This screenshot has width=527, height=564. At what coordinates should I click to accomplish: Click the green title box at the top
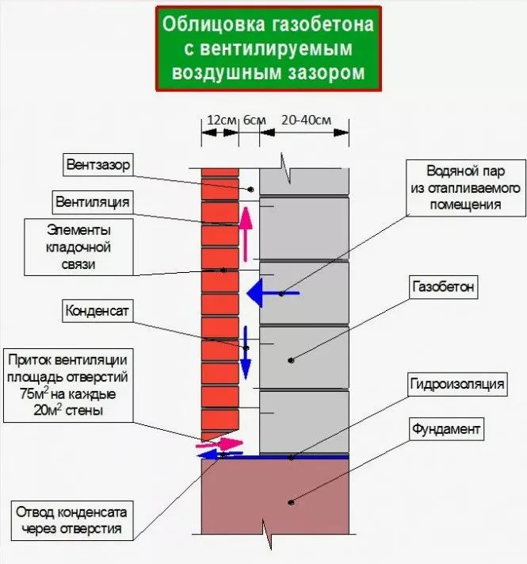tap(269, 49)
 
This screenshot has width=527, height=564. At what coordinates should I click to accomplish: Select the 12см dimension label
tap(221, 120)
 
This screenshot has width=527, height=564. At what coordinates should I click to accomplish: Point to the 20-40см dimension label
tap(305, 120)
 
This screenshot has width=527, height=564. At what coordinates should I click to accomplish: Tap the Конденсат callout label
tap(97, 310)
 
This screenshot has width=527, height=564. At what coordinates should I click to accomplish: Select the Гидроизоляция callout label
tap(456, 385)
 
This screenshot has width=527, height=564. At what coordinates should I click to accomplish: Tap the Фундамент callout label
tap(445, 430)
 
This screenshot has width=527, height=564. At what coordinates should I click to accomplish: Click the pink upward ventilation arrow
tap(246, 234)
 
